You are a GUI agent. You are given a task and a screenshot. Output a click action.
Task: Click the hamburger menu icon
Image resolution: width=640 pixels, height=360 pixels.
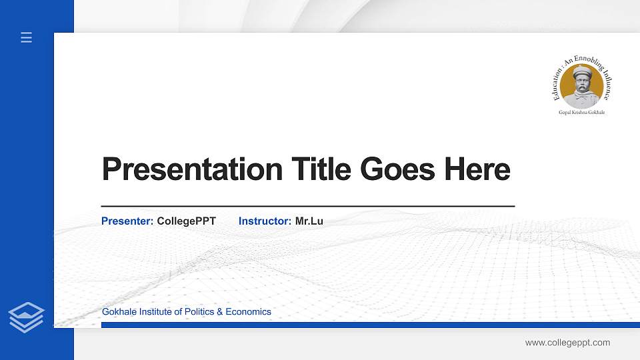point(26,38)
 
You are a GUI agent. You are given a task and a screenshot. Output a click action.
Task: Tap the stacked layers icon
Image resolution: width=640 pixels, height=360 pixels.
point(26,317)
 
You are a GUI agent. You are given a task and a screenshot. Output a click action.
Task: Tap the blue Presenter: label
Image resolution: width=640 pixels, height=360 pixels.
point(127,221)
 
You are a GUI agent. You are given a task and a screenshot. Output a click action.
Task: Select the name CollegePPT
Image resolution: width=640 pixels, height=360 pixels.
point(187,221)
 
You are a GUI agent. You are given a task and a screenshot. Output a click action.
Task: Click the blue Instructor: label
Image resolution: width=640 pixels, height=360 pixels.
point(265,221)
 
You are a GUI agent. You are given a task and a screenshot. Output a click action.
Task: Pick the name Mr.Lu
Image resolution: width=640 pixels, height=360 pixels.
point(309,221)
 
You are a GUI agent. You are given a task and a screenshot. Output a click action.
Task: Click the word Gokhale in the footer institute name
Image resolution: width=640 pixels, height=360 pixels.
point(118,311)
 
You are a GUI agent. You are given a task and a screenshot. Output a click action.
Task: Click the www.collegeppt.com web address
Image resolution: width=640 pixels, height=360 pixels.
point(567,343)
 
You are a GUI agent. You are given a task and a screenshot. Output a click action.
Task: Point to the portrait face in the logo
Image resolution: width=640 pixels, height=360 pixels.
point(582,85)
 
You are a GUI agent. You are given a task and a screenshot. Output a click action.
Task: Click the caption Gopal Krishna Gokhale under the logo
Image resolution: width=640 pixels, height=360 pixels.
point(582,113)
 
